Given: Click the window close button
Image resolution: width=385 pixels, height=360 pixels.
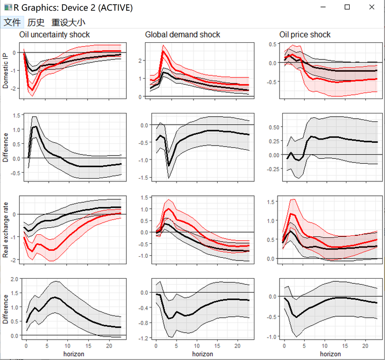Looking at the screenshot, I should [372, 7].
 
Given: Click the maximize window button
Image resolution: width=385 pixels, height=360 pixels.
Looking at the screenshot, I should [347, 7].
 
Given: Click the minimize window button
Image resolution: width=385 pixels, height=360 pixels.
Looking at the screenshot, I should [323, 7].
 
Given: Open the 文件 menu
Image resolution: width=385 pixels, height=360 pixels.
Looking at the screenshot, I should [12, 22].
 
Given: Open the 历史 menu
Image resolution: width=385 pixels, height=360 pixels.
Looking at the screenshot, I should [36, 22].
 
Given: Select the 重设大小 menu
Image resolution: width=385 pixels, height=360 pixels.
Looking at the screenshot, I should [68, 22].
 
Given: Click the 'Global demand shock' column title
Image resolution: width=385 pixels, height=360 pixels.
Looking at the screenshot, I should [182, 35].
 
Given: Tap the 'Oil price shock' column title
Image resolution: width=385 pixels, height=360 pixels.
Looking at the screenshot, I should [305, 35].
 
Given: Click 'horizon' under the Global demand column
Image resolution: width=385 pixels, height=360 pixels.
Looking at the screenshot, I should [203, 354].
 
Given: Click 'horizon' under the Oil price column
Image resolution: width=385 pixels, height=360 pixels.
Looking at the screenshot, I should [330, 354].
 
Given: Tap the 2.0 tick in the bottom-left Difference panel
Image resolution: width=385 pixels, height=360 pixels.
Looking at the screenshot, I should [14, 279].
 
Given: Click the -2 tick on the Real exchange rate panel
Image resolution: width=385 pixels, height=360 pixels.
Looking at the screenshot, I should [14, 260].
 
